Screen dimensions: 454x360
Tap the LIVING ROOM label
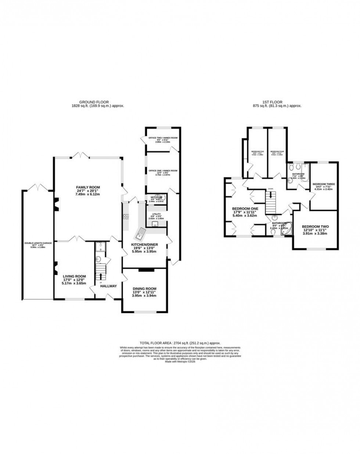74,276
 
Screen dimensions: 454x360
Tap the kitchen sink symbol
140,232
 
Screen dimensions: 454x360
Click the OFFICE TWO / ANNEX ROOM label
163,138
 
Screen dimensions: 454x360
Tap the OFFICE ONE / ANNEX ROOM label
163,171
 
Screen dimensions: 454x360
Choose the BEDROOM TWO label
315,226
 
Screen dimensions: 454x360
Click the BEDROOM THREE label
323,184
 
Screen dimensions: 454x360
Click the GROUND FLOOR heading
97,103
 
